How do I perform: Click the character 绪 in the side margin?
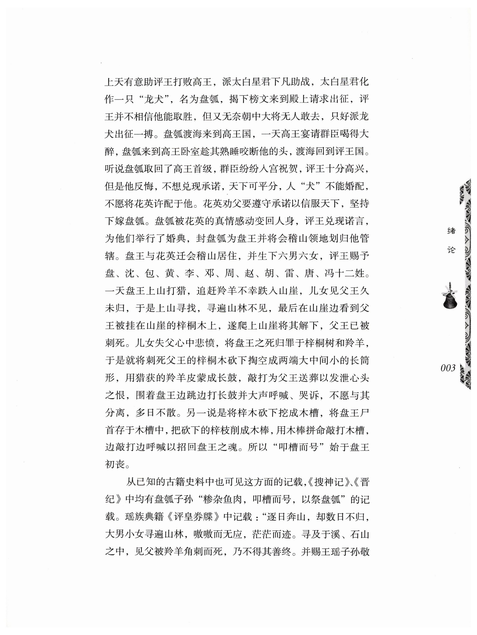click(451, 230)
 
